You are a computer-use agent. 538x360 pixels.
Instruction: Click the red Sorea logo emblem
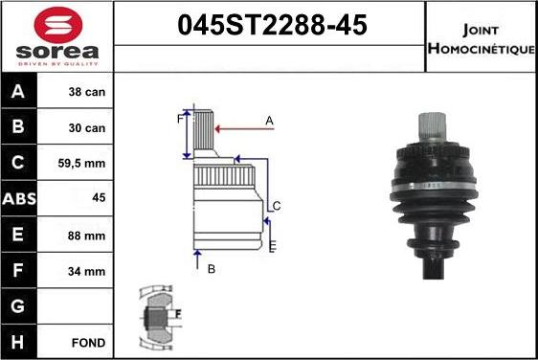(x=58, y=23)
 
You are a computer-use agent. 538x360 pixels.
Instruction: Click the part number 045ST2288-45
(x=272, y=25)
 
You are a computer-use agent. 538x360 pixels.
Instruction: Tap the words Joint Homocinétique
(x=482, y=39)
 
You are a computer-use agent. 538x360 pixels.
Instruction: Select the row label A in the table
(x=18, y=91)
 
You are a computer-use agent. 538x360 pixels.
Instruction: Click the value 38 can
(x=87, y=92)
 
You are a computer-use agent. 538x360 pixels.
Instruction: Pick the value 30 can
(x=87, y=128)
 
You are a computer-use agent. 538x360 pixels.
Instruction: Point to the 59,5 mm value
(x=81, y=163)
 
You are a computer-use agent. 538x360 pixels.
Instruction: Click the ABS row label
(x=19, y=199)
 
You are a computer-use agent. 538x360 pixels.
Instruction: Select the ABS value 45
(x=99, y=197)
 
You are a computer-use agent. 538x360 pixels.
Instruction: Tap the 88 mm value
(x=86, y=236)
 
